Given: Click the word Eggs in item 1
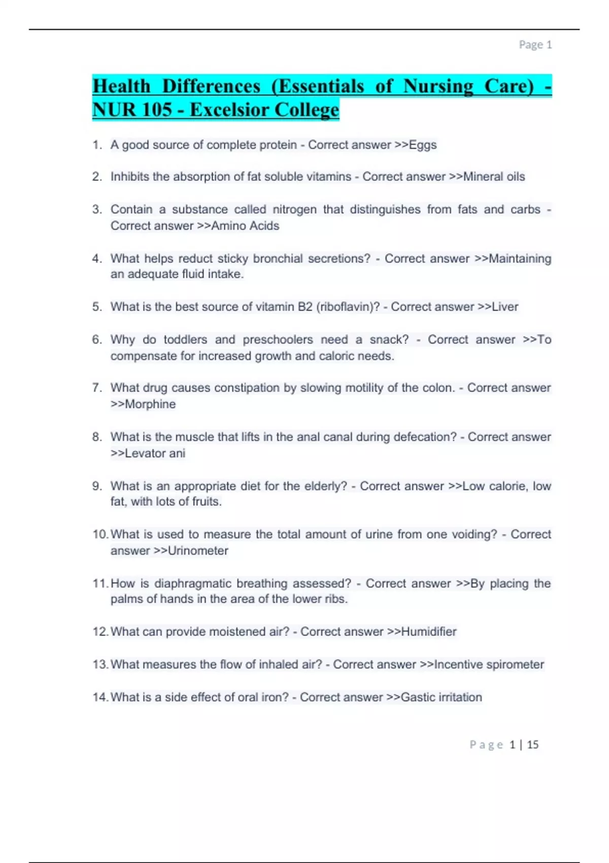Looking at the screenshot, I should (x=423, y=145).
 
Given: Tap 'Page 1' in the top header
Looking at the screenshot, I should (x=535, y=45).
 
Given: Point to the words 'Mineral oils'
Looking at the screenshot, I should (x=494, y=177).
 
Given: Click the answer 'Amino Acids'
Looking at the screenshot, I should (x=245, y=226).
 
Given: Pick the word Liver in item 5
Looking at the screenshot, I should (x=505, y=307).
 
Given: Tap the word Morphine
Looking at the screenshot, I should (x=150, y=405).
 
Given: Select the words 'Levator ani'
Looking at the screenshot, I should (x=155, y=453).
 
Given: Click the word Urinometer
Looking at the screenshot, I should (x=198, y=551).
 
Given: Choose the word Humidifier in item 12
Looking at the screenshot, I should (x=429, y=632).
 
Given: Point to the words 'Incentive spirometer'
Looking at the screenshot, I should (x=489, y=665).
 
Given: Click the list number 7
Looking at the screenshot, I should (x=96, y=388).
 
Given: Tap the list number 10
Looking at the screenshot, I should (x=99, y=535).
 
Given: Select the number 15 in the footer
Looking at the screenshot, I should (x=532, y=745).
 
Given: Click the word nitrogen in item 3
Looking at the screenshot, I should (x=295, y=210).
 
